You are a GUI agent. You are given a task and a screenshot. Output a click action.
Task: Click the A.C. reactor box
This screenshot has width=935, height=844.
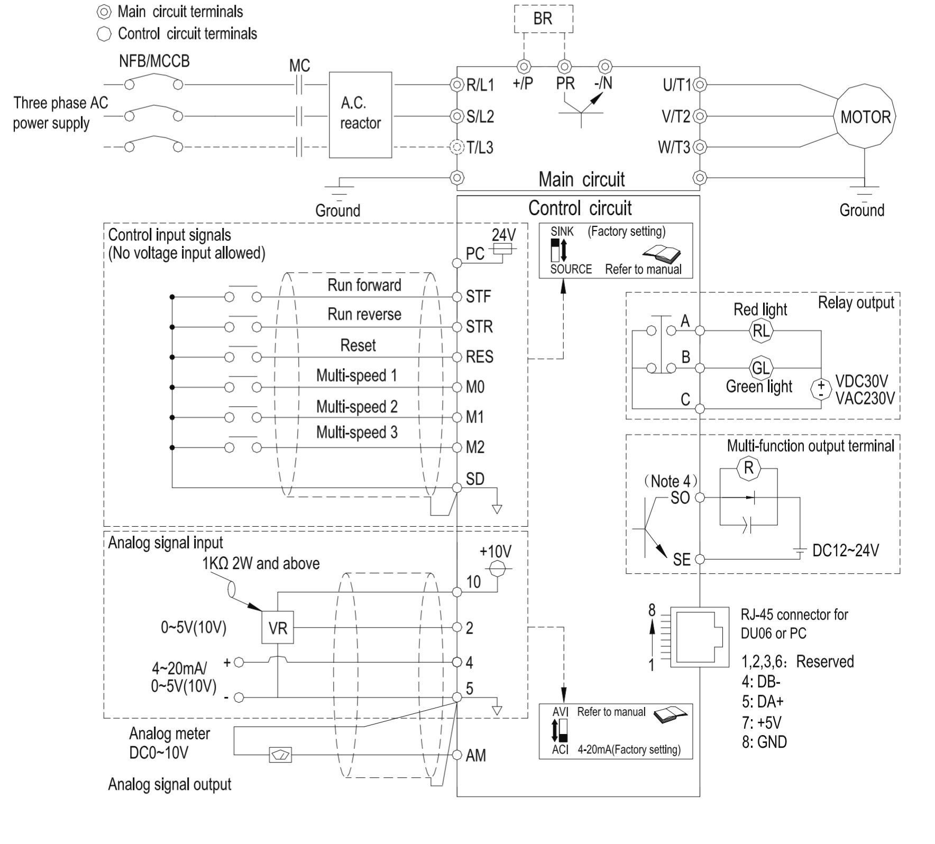(x=360, y=114)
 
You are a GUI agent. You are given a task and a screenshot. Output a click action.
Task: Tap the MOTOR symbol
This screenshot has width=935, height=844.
(x=865, y=117)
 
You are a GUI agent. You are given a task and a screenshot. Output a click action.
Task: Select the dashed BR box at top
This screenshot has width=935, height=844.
(x=543, y=19)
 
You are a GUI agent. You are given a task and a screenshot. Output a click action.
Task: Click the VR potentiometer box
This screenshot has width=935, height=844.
(x=278, y=628)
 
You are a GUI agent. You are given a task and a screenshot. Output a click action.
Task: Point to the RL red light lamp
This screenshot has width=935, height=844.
(x=760, y=331)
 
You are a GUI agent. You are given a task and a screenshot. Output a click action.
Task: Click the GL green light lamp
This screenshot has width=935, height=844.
(x=760, y=367)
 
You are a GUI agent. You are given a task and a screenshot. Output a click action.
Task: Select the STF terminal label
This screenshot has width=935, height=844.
(x=478, y=297)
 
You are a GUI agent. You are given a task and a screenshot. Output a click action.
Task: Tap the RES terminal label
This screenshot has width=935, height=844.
(x=479, y=357)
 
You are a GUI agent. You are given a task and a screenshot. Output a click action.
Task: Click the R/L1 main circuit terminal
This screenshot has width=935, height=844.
(x=457, y=85)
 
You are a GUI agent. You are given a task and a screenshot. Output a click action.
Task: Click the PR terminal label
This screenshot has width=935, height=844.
(x=565, y=84)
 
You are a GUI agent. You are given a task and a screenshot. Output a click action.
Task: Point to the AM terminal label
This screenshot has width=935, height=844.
(x=475, y=756)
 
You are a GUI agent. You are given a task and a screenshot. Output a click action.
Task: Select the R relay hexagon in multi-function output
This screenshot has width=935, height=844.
(x=748, y=468)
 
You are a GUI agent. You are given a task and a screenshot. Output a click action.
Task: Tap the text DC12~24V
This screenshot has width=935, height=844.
(x=845, y=551)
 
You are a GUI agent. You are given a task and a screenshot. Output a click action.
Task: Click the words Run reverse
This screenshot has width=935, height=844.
(x=364, y=314)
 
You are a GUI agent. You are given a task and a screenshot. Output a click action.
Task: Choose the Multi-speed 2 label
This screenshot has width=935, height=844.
(x=356, y=406)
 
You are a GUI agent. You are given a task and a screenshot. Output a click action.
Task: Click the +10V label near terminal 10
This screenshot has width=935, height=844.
(x=495, y=551)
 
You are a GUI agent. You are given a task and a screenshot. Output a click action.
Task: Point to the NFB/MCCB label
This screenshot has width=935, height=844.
(x=154, y=61)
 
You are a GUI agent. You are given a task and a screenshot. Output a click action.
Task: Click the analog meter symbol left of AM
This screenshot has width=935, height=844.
(x=280, y=755)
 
